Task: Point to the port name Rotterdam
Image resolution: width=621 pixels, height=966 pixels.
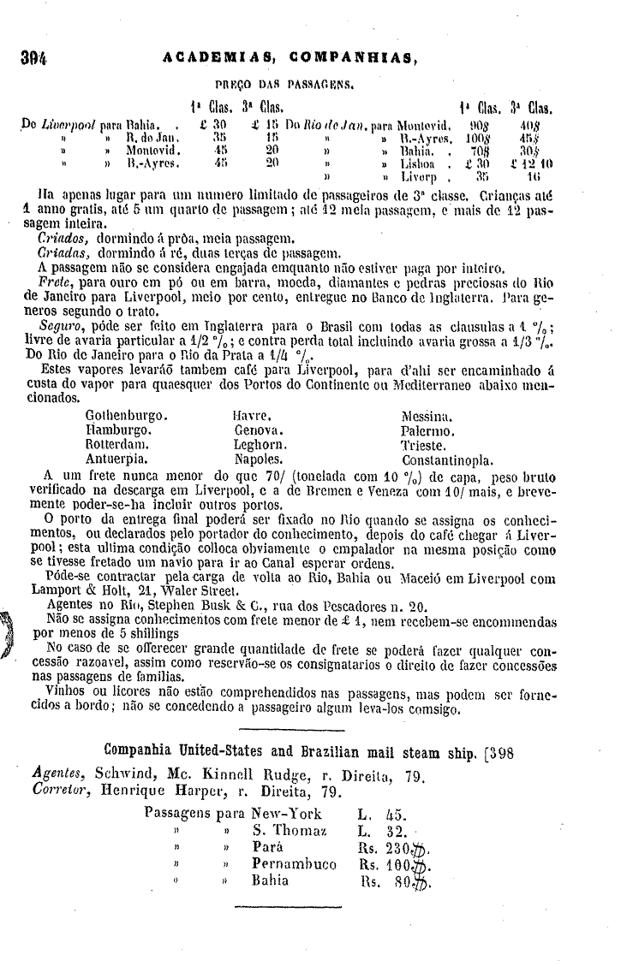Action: pos(118,445)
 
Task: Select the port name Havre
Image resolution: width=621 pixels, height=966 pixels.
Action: pos(253,415)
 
